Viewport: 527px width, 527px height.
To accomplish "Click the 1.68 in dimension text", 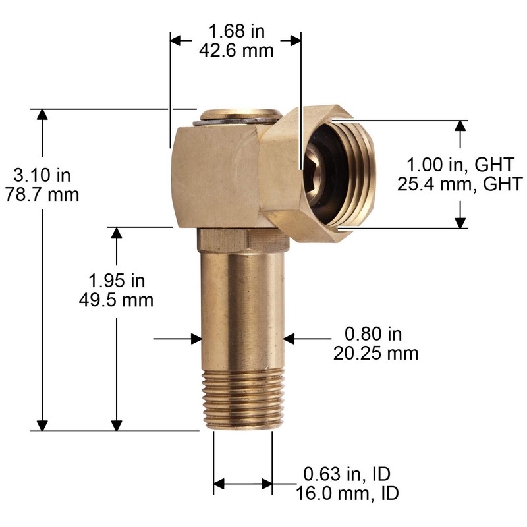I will click(x=236, y=31).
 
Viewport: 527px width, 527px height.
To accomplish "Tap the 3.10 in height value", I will click(x=42, y=176).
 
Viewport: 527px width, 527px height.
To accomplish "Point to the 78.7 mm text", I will click(x=42, y=195).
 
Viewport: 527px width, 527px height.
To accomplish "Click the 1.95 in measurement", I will click(x=117, y=281).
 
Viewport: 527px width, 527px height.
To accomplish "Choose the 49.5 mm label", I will click(x=117, y=300).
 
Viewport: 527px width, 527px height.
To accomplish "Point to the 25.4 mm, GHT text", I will click(x=460, y=183).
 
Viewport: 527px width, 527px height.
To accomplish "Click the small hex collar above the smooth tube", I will click(x=223, y=239).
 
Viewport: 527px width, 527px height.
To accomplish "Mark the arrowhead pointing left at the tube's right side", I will click(x=291, y=339).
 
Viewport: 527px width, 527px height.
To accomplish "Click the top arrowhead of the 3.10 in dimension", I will click(x=43, y=115).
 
